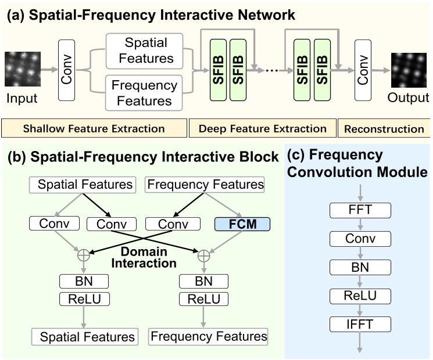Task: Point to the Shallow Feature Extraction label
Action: click(x=94, y=128)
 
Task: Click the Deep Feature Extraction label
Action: click(x=262, y=128)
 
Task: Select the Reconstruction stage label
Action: click(x=384, y=128)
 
